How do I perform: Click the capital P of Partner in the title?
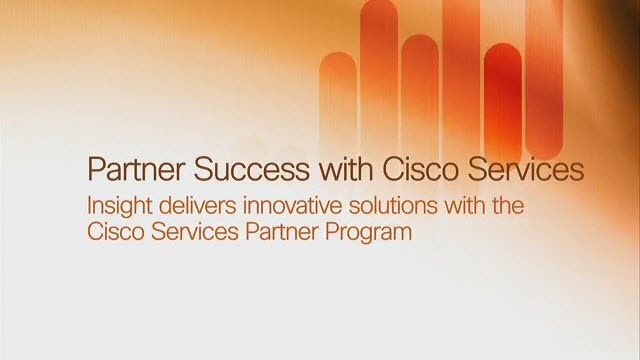click(x=97, y=169)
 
